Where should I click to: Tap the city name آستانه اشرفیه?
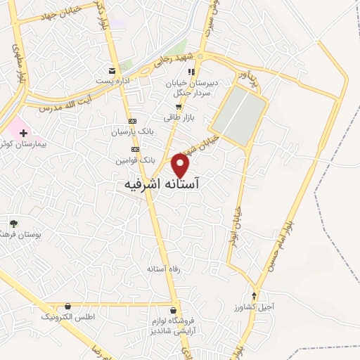(161, 184)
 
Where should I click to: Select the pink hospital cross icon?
(23, 132)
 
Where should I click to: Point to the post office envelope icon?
(112, 70)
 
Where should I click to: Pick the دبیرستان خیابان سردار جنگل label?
(192, 87)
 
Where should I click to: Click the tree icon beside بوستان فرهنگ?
(13, 223)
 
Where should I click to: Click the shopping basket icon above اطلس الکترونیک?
(67, 307)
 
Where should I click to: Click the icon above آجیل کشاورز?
(255, 295)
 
